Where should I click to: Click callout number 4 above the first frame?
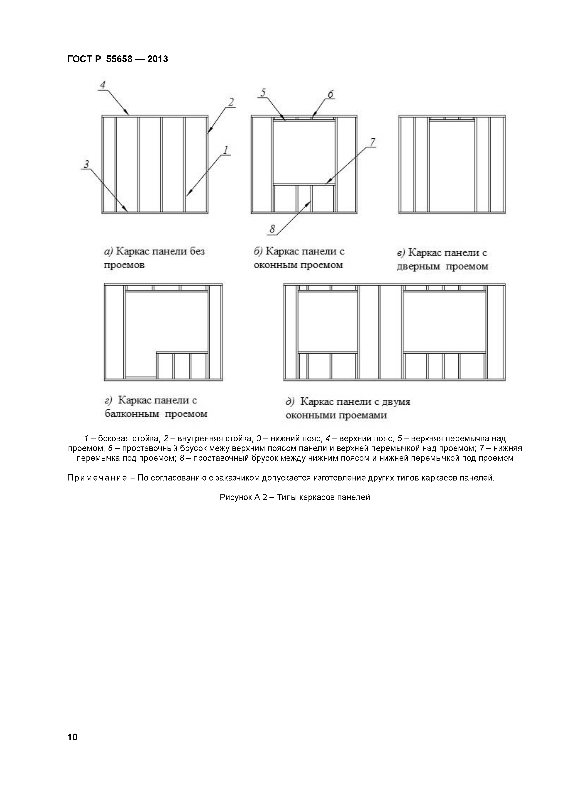tap(103, 85)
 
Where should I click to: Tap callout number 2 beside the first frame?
tap(231, 102)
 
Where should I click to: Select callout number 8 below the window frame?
tap(272, 229)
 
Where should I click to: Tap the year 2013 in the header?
tap(158, 59)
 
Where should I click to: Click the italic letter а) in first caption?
tap(109, 251)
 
